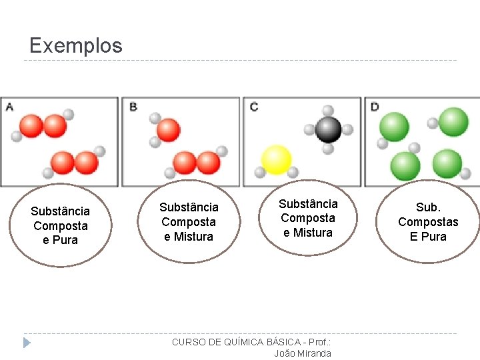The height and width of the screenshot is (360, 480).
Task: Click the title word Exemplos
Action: tap(76, 45)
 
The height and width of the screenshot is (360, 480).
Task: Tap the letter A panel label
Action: tap(9, 107)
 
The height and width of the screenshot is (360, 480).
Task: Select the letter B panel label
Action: tap(133, 107)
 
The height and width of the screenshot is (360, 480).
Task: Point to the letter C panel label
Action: tap(254, 107)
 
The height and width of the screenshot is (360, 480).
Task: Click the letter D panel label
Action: tap(375, 107)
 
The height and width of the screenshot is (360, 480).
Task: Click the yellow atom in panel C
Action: tap(276, 160)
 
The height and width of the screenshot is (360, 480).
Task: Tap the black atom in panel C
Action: tap(328, 129)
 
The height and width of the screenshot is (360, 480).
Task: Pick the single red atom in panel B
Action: tap(168, 130)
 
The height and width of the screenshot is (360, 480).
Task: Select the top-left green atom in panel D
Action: tap(394, 125)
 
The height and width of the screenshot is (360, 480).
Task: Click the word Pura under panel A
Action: tap(66, 240)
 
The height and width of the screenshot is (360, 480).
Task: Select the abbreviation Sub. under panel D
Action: tap(428, 207)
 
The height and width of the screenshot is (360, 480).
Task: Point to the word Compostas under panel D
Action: tap(428, 222)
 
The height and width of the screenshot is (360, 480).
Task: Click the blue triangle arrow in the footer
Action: tap(27, 343)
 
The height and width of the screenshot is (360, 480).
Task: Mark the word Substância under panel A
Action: tap(60, 211)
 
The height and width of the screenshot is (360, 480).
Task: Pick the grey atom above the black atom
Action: tap(327, 111)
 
